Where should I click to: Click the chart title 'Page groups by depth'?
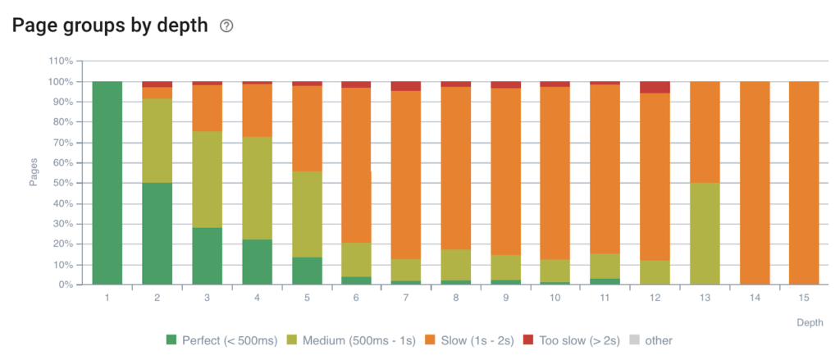pyautogui.click(x=110, y=25)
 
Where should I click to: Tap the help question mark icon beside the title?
pyautogui.click(x=227, y=26)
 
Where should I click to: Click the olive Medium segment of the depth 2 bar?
pyautogui.click(x=157, y=140)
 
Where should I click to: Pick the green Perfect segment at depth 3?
pyautogui.click(x=207, y=256)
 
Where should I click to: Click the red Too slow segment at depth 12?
pyautogui.click(x=655, y=87)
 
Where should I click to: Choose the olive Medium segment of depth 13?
pyautogui.click(x=705, y=234)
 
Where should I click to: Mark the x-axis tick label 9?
pyautogui.click(x=505, y=298)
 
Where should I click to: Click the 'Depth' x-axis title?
pyautogui.click(x=809, y=322)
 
